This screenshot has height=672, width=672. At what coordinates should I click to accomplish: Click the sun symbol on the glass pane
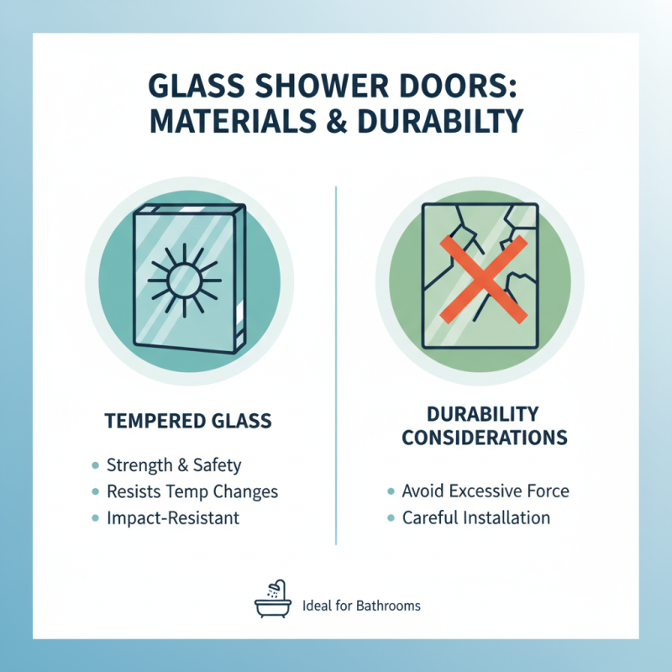point(183,278)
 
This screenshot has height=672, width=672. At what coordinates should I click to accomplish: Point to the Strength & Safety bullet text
point(174,465)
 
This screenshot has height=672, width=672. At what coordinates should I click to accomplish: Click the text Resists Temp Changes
point(192,491)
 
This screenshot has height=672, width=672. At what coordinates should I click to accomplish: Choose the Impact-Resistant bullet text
point(173,517)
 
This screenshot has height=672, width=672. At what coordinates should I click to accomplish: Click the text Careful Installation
point(475,517)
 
